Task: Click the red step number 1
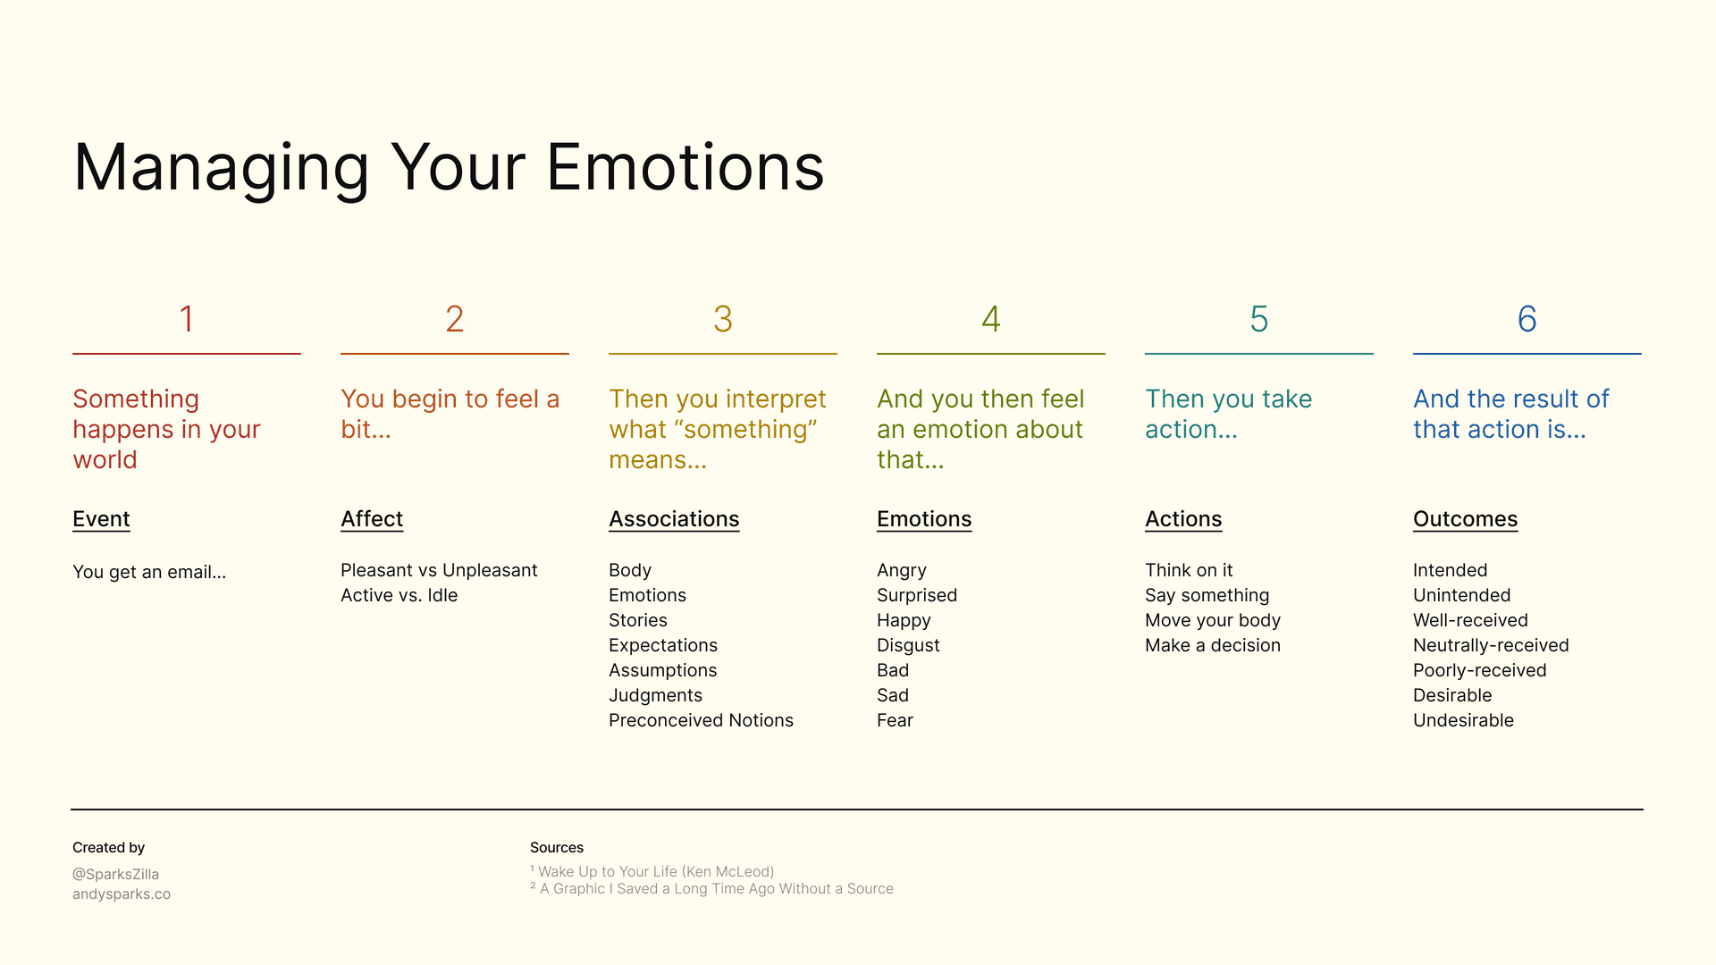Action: [187, 319]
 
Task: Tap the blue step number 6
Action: [1527, 319]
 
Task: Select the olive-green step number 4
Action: [990, 319]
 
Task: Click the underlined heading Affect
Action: [372, 519]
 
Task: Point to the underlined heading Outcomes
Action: [1465, 519]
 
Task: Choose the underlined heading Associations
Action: [674, 519]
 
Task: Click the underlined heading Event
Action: [101, 519]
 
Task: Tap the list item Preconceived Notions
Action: [701, 720]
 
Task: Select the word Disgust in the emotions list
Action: [908, 645]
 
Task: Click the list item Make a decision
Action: [1212, 645]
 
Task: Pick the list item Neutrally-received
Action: [1491, 645]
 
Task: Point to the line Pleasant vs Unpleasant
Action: [439, 570]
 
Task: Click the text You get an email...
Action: [149, 572]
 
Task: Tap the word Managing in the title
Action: [221, 168]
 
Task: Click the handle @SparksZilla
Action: [115, 874]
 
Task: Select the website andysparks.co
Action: [122, 894]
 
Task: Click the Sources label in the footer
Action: [556, 847]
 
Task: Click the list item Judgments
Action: [655, 695]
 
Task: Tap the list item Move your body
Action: [1212, 620]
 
